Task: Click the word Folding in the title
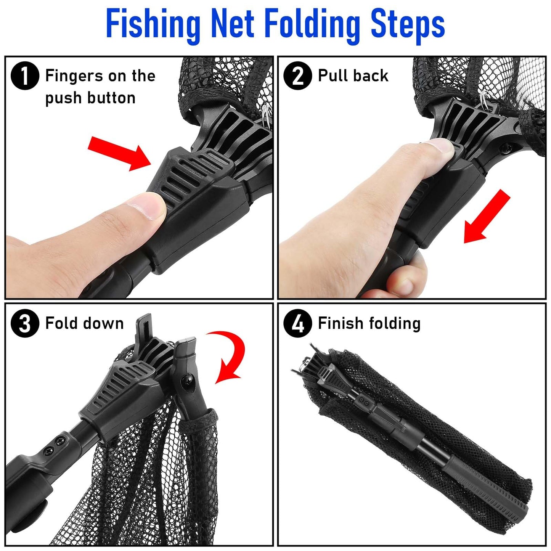[x=312, y=25]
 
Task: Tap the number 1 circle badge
[x=25, y=76]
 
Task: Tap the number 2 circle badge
[x=298, y=76]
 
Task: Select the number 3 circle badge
[x=25, y=323]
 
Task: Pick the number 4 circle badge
[x=298, y=323]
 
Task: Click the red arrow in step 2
[x=486, y=218]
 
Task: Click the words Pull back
[x=353, y=76]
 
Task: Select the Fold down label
[x=84, y=323]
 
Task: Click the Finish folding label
[x=369, y=323]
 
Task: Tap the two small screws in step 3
[x=54, y=446]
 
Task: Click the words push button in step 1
[x=90, y=98]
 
